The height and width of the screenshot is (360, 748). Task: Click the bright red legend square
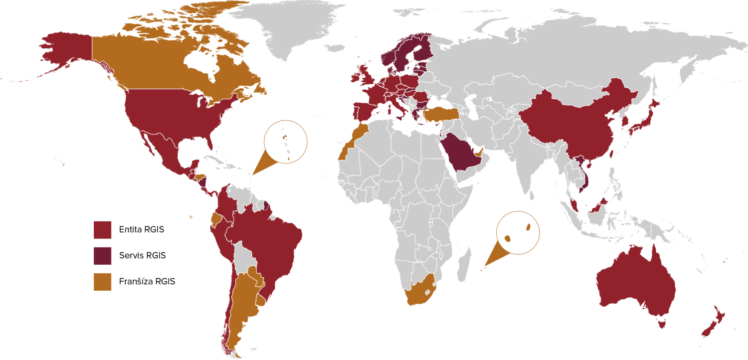point(102,230)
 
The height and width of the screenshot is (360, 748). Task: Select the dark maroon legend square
point(102,256)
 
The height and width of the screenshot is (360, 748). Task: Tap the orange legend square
point(102,282)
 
